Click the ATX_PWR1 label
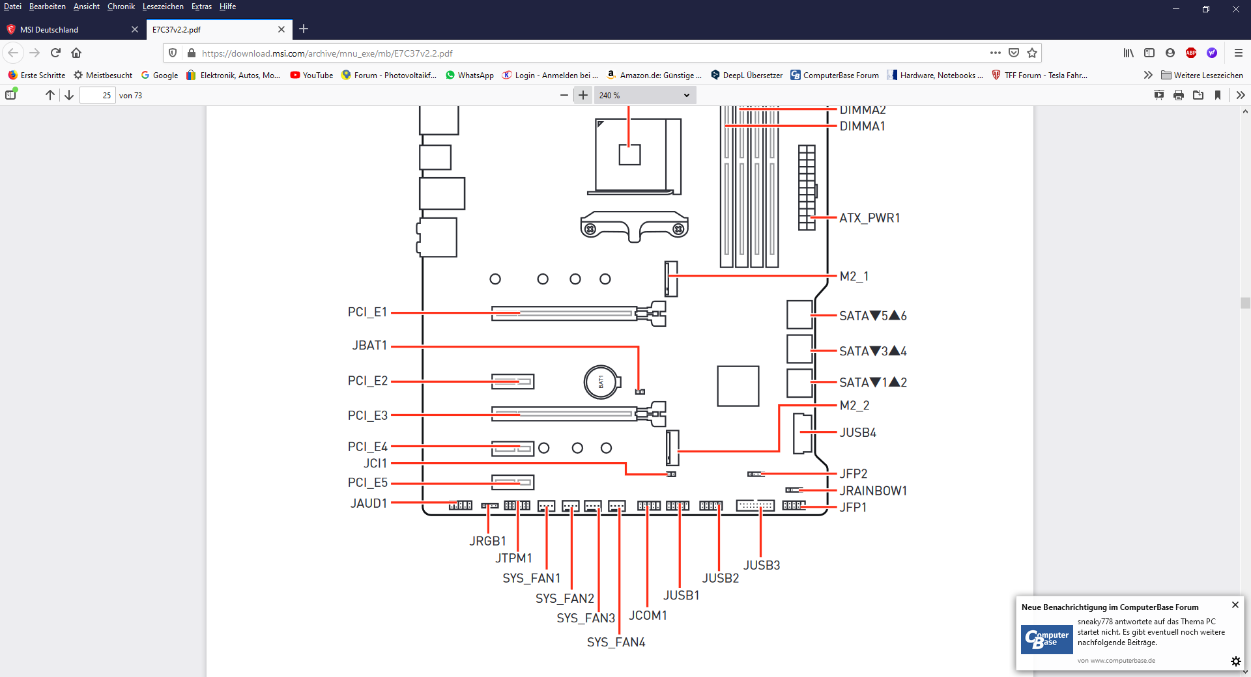[869, 218]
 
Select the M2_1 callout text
[854, 277]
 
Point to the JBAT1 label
[369, 346]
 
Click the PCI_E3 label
[367, 415]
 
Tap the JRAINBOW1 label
[873, 491]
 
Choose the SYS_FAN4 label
[616, 642]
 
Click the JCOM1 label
[648, 616]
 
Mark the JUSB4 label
[857, 433]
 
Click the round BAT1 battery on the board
[601, 382]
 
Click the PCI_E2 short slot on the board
[513, 381]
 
